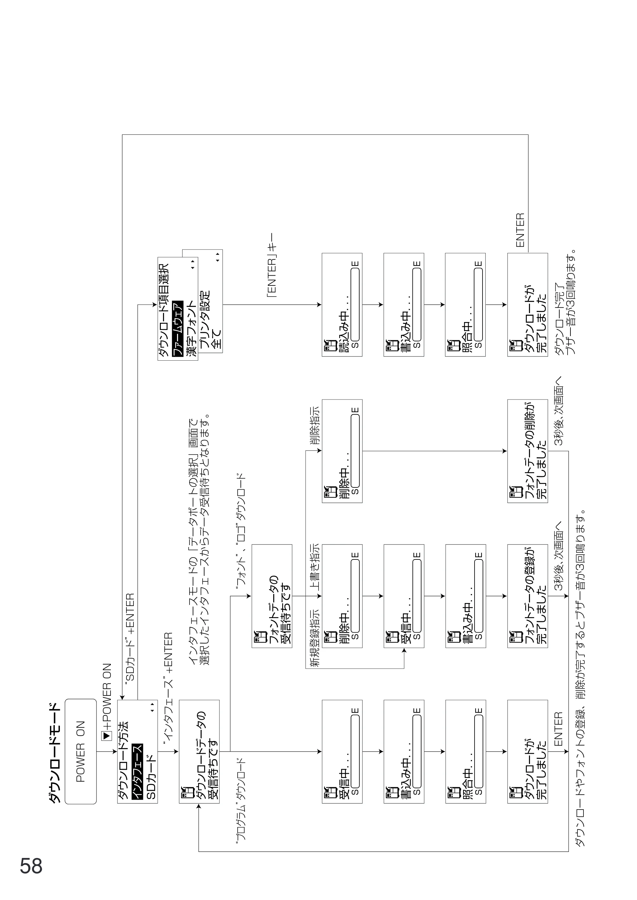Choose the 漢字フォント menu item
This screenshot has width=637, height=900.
[x=191, y=329]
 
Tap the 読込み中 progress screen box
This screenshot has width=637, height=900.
[x=342, y=305]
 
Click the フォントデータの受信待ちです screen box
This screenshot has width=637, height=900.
[x=272, y=596]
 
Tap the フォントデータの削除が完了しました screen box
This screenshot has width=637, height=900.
[x=527, y=451]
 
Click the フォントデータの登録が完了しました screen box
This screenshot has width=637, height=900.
[x=527, y=596]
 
